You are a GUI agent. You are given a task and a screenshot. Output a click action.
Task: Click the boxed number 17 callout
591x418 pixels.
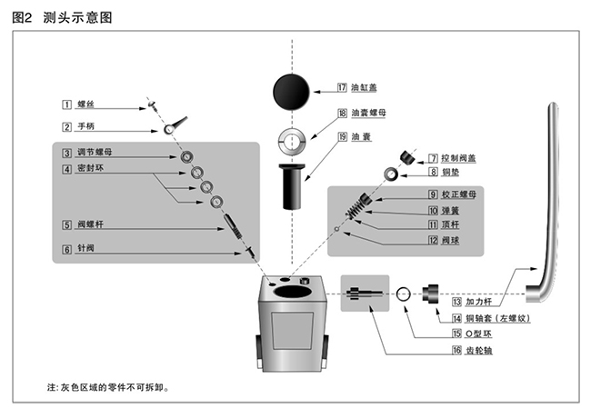click(x=342, y=88)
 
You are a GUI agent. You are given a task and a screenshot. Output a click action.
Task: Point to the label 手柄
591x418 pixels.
click(x=85, y=126)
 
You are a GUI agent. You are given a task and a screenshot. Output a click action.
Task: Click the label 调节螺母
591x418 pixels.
click(x=95, y=153)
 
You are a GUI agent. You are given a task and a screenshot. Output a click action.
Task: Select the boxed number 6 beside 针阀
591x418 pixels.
click(x=66, y=248)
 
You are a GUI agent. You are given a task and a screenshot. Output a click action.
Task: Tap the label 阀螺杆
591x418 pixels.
click(x=90, y=224)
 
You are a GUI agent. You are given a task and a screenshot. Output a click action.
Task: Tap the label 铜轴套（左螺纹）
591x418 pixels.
click(x=496, y=318)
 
